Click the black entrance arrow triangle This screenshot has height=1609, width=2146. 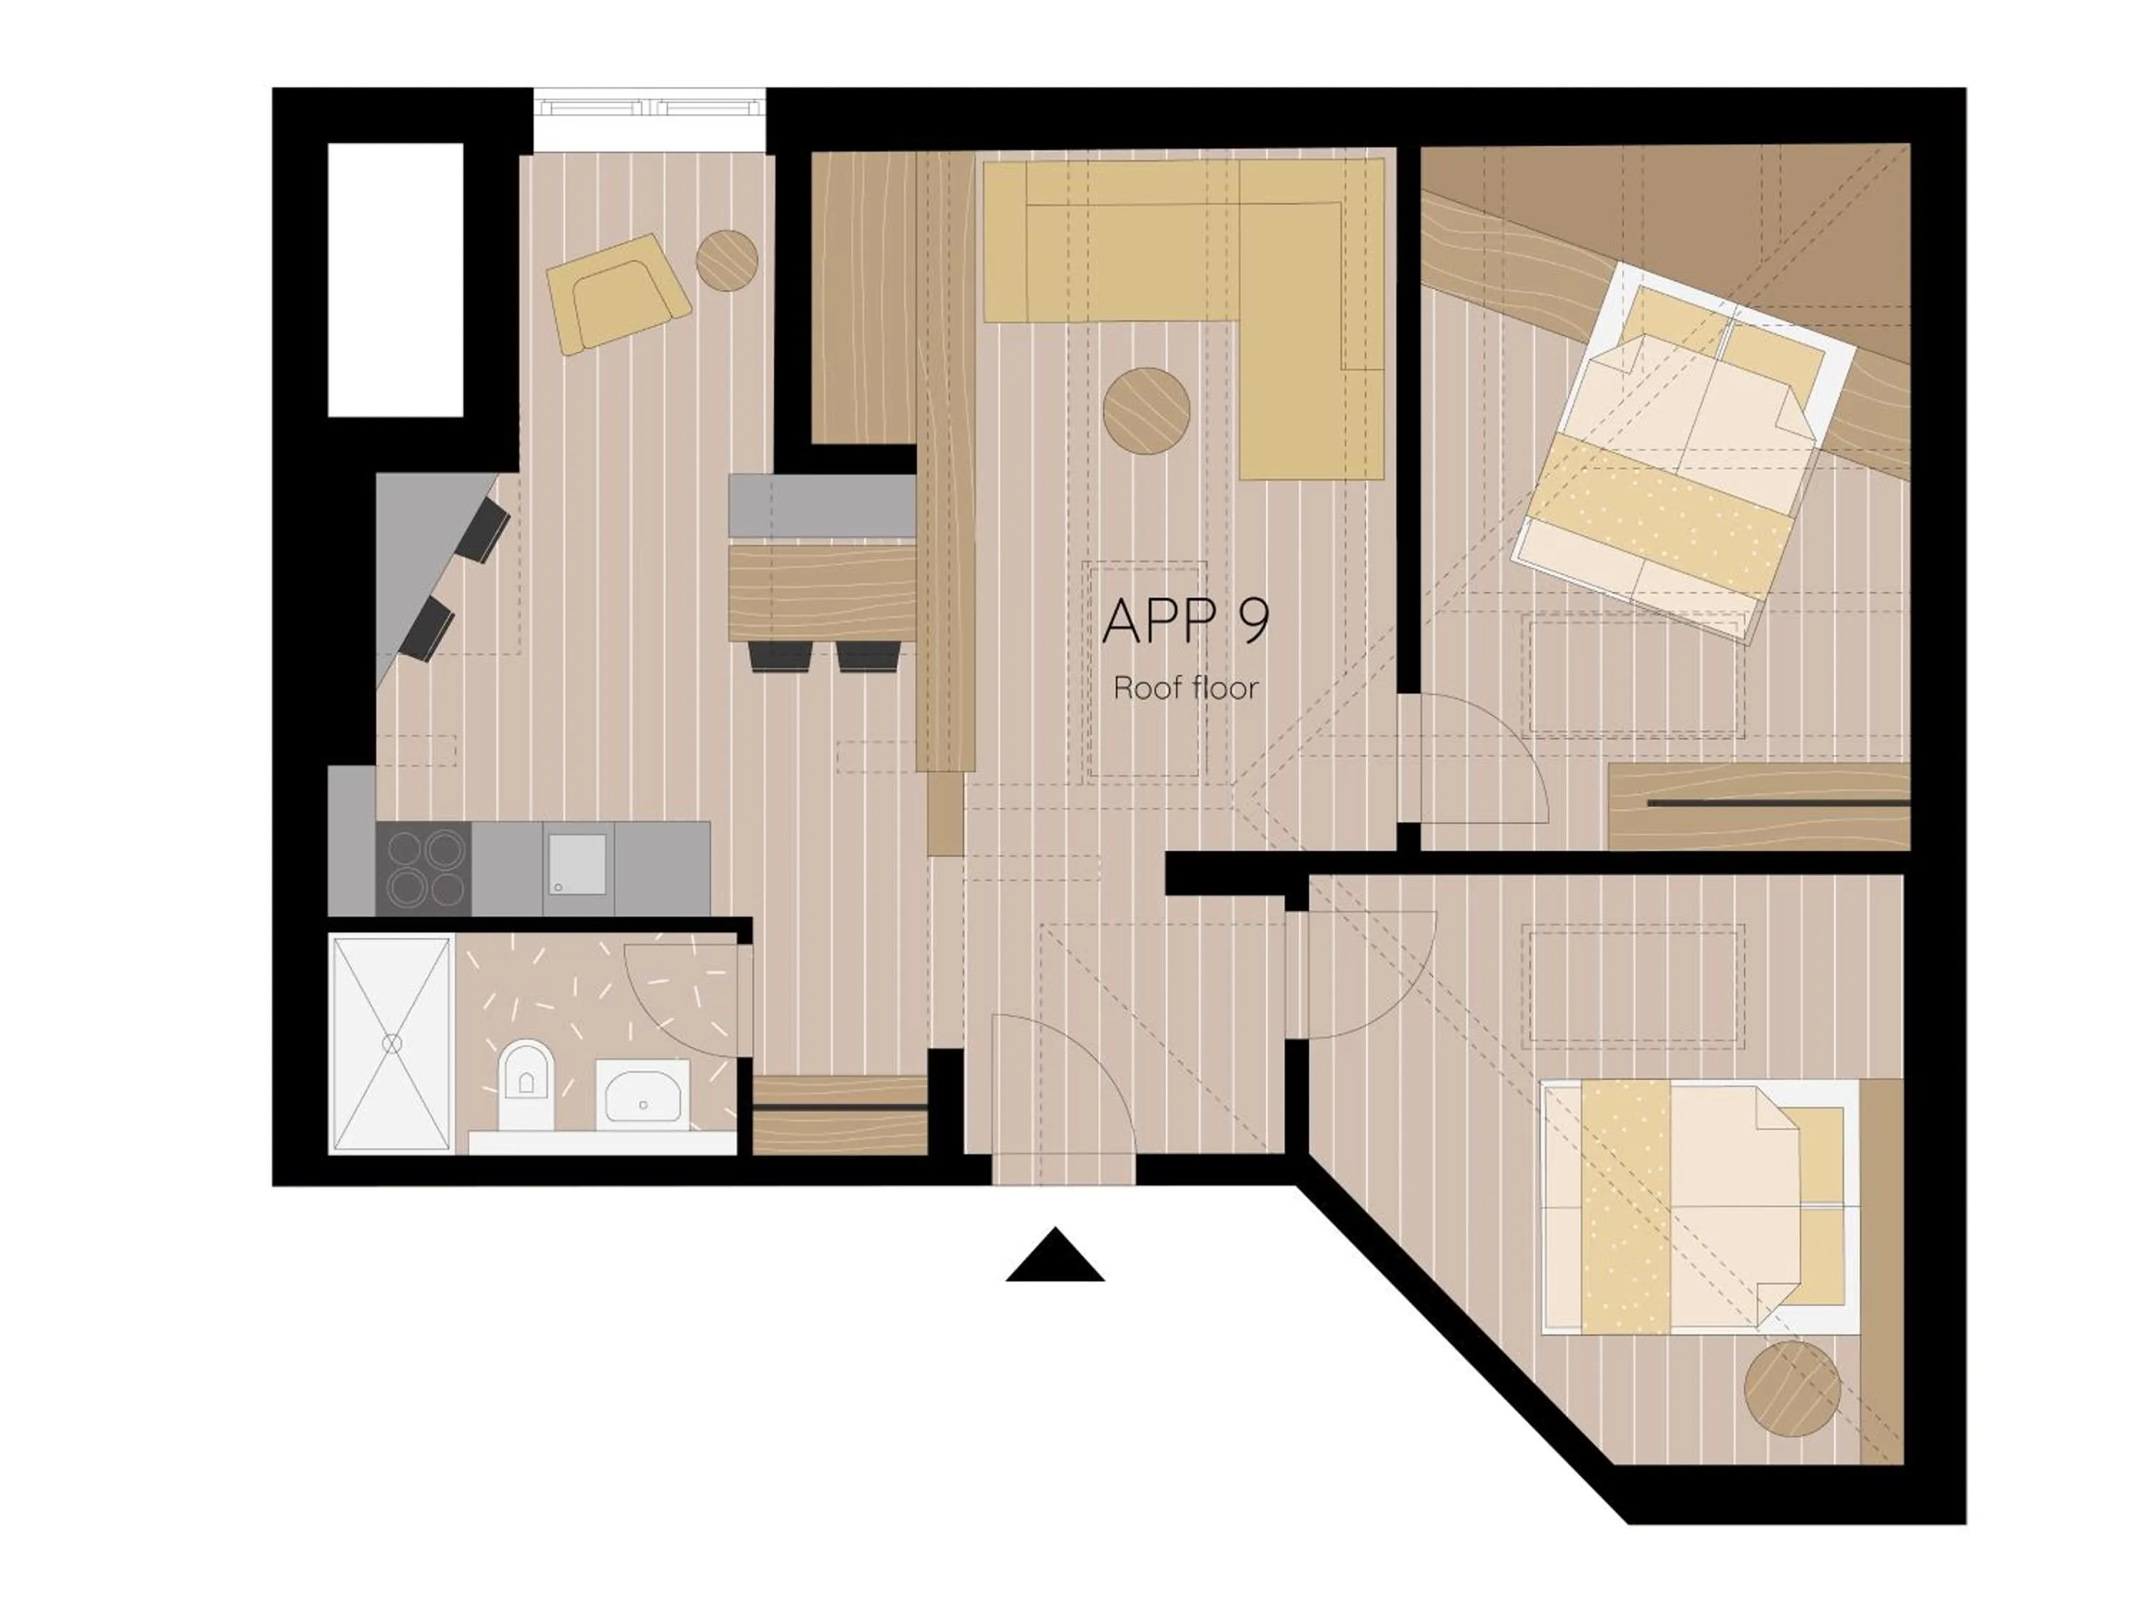pyautogui.click(x=1054, y=1259)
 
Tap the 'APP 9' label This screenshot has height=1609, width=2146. pyautogui.click(x=1185, y=621)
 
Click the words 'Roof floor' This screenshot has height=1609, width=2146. pyautogui.click(x=1185, y=689)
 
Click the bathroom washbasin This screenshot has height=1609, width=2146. pyautogui.click(x=642, y=1094)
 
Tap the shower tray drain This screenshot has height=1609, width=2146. pyautogui.click(x=392, y=1043)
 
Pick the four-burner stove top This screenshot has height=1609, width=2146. pyautogui.click(x=424, y=868)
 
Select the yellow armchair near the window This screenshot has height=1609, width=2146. pyautogui.click(x=618, y=293)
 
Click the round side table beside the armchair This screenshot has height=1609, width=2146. pyautogui.click(x=727, y=260)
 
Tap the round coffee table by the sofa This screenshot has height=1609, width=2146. pyautogui.click(x=1147, y=410)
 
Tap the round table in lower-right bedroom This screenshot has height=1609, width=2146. pyautogui.click(x=1792, y=1389)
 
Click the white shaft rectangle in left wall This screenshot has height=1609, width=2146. pyautogui.click(x=395, y=280)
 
